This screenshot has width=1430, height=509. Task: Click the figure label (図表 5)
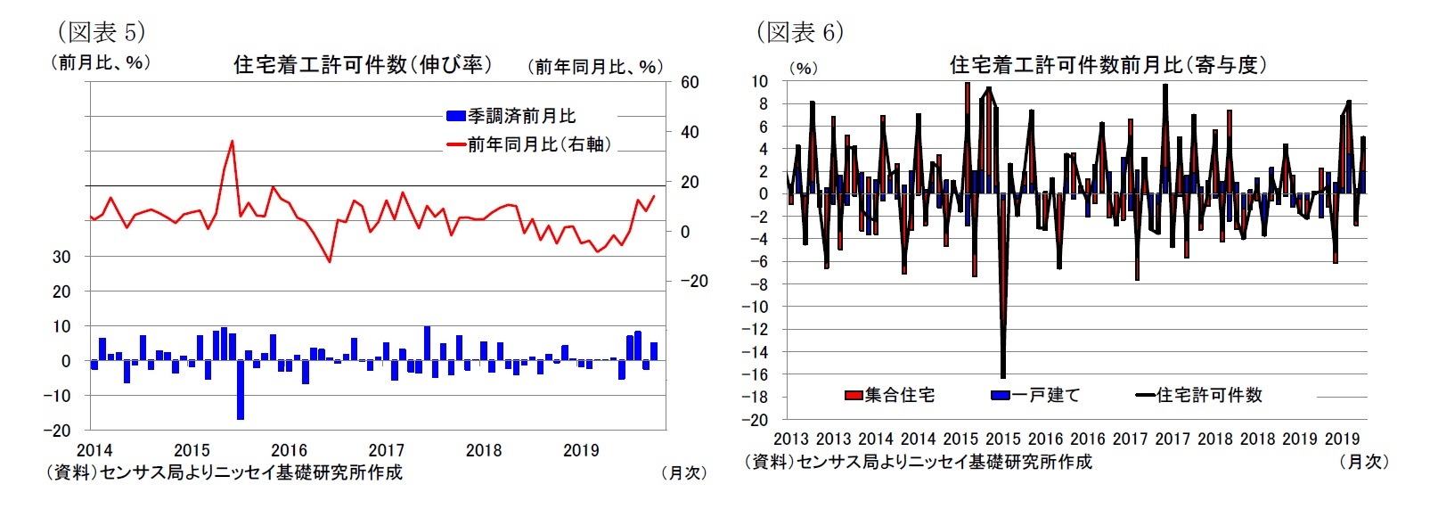101,33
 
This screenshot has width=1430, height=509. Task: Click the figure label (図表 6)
799,33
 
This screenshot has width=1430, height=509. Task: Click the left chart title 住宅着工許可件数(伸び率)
363,65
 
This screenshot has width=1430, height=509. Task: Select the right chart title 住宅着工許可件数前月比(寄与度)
1107,65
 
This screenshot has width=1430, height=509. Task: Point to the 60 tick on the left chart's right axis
690,83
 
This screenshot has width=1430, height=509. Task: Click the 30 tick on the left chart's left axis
61,257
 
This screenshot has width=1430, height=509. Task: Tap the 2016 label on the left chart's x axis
289,451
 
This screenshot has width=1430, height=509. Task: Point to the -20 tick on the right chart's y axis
756,420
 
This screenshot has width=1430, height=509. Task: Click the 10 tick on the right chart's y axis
759,82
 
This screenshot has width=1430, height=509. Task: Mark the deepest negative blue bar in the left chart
241,390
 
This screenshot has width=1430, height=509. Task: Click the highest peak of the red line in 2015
232,141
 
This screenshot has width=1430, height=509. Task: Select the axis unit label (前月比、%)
100,63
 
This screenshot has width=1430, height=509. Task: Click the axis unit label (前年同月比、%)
595,67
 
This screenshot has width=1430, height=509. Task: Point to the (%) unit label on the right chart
803,69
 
